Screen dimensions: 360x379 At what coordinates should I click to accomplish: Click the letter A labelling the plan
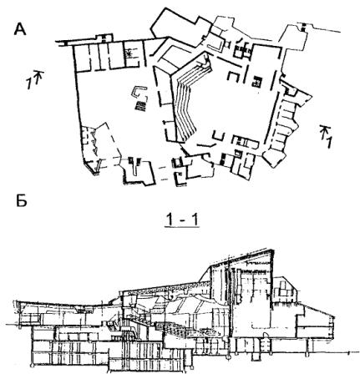tap(20, 29)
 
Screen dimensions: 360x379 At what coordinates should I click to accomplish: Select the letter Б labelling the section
tap(21, 200)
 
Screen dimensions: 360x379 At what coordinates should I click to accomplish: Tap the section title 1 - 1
tap(181, 220)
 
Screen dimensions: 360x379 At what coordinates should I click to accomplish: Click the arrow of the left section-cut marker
tap(38, 77)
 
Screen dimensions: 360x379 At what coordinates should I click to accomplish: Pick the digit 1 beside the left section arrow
tap(29, 83)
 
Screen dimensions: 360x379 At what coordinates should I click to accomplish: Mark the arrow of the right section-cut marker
tap(323, 131)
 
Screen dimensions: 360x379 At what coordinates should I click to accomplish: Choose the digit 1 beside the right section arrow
tap(328, 143)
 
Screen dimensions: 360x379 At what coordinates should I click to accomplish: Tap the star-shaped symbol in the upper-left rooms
tap(129, 53)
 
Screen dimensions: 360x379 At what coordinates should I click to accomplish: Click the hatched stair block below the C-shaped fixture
tap(140, 106)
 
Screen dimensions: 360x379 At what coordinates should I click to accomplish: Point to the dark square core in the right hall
tap(256, 82)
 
